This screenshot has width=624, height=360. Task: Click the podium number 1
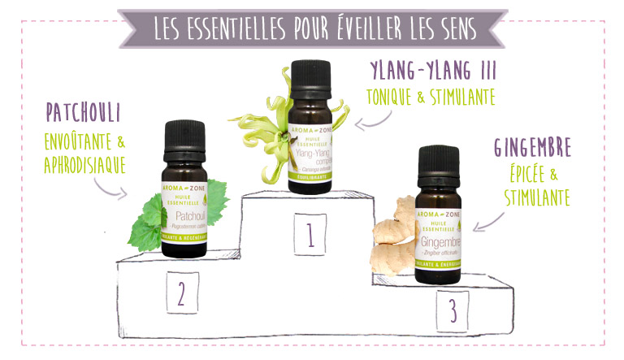click(310, 235)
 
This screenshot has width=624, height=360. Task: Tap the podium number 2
click(182, 293)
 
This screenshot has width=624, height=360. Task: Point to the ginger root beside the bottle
click(394, 241)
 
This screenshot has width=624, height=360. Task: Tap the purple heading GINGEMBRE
click(533, 148)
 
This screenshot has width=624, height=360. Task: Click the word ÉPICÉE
click(527, 174)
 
